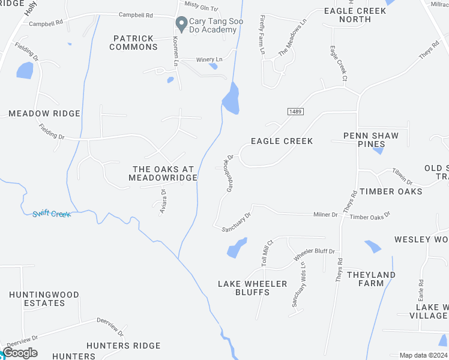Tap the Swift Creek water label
pyautogui.click(x=52, y=214)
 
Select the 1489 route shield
pyautogui.click(x=294, y=111)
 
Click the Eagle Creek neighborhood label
pyautogui.click(x=282, y=141)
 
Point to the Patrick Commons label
pyautogui.click(x=134, y=43)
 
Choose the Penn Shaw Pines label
pyautogui.click(x=370, y=140)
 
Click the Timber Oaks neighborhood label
pyautogui.click(x=391, y=191)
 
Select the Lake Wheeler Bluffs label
pyautogui.click(x=253, y=288)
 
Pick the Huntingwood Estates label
pyautogui.click(x=44, y=299)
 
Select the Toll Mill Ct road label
pyautogui.click(x=267, y=253)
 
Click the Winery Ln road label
pyautogui.click(x=210, y=59)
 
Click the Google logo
pyautogui.click(x=19, y=353)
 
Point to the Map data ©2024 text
pyautogui.click(x=423, y=355)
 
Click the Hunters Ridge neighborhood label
pyautogui.click(x=123, y=346)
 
